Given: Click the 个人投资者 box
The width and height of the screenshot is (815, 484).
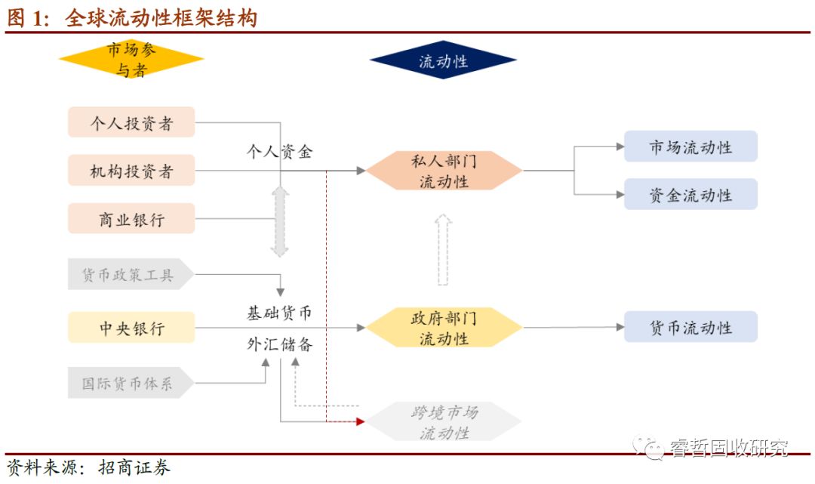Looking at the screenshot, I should (131, 122).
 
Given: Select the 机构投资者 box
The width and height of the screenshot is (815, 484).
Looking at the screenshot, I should (131, 171).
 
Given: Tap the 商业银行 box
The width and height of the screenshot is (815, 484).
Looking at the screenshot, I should (131, 219).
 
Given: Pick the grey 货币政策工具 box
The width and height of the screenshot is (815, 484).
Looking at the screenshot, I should (128, 275).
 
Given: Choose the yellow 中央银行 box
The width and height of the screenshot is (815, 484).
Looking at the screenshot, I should (131, 328).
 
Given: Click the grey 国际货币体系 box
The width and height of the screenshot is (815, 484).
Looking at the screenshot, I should (128, 383).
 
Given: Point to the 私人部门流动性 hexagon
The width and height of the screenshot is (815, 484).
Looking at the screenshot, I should (444, 171).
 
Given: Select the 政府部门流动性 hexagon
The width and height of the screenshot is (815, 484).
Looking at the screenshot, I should (444, 328).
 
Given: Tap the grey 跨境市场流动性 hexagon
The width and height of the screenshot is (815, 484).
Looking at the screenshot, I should (444, 422).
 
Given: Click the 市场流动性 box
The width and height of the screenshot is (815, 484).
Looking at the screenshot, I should (690, 146).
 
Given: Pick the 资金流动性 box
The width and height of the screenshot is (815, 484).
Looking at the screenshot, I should (690, 195).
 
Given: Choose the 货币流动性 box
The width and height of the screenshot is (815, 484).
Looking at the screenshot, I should (690, 328).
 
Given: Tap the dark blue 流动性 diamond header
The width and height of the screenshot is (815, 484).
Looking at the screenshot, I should (443, 60).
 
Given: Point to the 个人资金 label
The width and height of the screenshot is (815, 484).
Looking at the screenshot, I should (280, 151).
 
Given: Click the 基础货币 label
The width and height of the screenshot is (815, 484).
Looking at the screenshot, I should (279, 313).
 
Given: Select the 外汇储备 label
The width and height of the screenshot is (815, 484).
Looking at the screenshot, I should (279, 344).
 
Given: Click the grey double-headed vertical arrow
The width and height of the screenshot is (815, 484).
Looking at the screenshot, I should (280, 222).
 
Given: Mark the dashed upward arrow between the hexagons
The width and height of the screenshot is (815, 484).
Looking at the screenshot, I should (444, 249).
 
